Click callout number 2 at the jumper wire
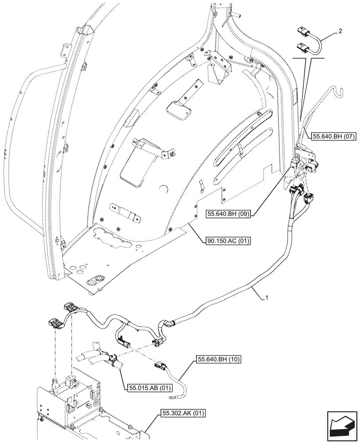click(x=339, y=31)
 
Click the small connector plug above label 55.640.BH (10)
click(x=159, y=366)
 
